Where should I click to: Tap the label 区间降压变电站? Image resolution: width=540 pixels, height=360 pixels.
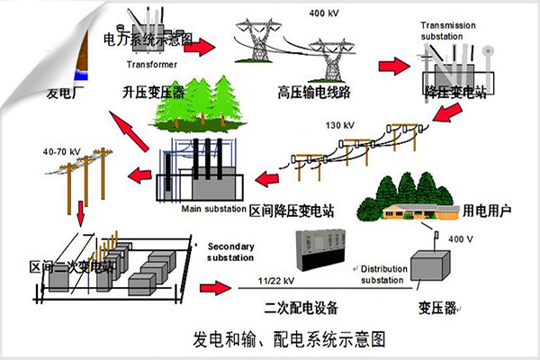point(291,209)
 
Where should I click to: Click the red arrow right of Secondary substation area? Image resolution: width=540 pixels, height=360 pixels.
point(212,288)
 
